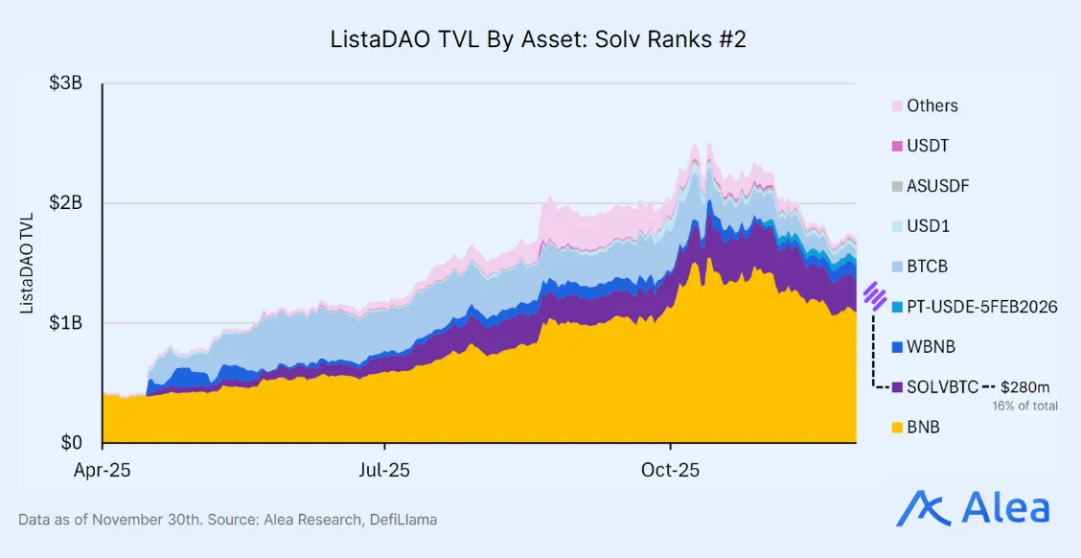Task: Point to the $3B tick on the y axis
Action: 65,83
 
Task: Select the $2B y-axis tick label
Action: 65,203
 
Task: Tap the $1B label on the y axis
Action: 65,323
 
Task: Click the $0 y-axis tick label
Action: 72,443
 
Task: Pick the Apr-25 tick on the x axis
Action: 102,471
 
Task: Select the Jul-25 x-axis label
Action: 384,471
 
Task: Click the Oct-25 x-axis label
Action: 670,471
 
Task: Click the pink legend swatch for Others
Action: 897,106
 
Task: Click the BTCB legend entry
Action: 927,267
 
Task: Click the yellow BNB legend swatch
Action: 897,428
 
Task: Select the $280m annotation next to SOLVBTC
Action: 1024,387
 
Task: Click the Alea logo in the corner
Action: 973,508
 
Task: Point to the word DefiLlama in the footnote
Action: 405,520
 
